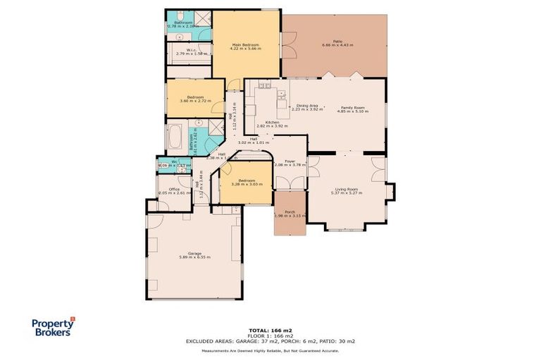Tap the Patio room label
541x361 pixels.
(337, 42)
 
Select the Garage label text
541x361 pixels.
(194, 253)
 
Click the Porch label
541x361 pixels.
(289, 212)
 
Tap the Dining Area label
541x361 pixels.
(306, 105)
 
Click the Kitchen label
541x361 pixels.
(272, 122)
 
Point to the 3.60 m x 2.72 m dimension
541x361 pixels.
(195, 101)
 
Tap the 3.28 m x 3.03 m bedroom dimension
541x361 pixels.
(247, 185)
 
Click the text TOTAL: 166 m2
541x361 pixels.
(270, 330)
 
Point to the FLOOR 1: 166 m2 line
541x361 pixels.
(270, 336)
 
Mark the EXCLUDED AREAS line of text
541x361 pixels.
(270, 341)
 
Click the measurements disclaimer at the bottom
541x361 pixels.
(270, 350)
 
